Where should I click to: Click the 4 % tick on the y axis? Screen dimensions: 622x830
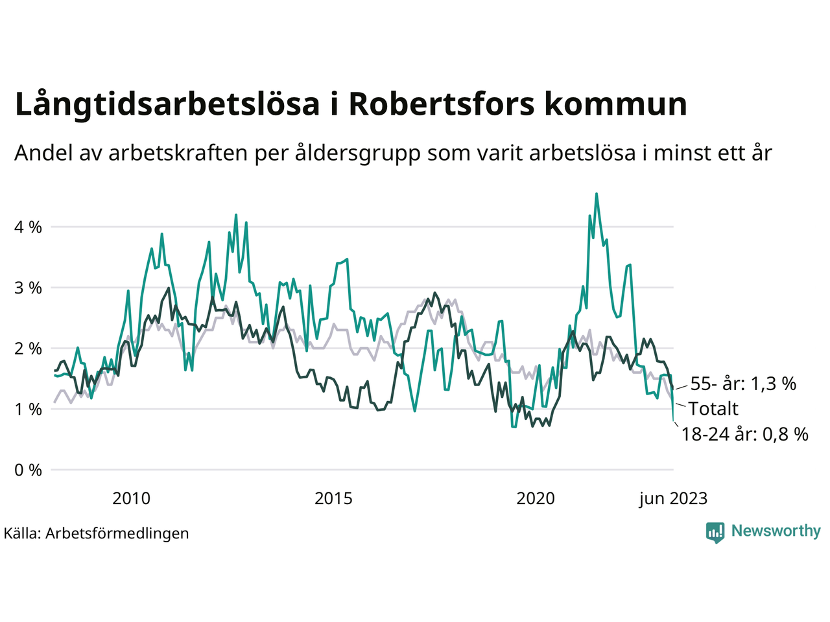pos(28,227)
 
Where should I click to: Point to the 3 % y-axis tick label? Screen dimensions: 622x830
pos(28,288)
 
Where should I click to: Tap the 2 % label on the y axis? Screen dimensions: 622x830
pos(28,349)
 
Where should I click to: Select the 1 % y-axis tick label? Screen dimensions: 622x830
pos(28,409)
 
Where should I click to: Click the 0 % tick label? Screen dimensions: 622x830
pos(28,470)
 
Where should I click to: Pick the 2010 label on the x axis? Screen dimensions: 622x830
pos(131,498)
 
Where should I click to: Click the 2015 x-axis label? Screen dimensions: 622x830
pos(333,498)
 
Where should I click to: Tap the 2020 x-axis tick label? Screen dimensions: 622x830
pos(536,498)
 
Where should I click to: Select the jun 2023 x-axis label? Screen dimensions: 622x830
pos(673,498)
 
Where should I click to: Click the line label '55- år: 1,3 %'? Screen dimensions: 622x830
pos(743,384)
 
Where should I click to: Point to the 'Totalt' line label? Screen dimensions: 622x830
pos(713,409)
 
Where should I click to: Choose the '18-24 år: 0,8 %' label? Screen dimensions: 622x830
pos(744,434)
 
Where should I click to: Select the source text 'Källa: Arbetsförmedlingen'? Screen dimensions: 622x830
pos(96,533)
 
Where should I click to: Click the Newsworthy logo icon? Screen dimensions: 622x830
pos(715,532)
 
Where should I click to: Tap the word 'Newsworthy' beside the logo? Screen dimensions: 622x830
pos(776,531)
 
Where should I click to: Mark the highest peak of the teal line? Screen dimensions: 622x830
pos(597,194)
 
